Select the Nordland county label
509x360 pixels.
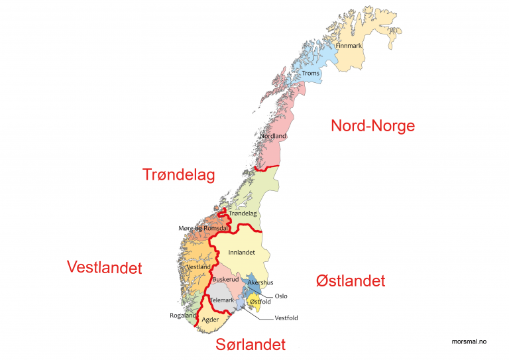click(x=272, y=136)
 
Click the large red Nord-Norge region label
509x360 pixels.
click(x=372, y=126)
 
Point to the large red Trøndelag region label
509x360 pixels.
click(x=179, y=174)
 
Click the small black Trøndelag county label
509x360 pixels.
click(x=242, y=213)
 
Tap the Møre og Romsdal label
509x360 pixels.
click(x=203, y=228)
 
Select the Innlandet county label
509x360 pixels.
click(x=241, y=253)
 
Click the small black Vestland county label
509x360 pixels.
click(x=199, y=267)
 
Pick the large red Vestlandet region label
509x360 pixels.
click(x=105, y=267)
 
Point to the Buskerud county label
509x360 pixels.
click(x=226, y=280)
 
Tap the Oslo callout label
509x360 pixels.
click(x=281, y=296)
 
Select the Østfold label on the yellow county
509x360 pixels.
click(x=260, y=302)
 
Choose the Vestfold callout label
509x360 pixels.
click(x=286, y=318)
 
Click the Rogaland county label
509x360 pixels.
click(x=183, y=316)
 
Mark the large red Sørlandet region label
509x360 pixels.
click(x=251, y=345)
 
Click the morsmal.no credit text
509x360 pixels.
click(x=469, y=341)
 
